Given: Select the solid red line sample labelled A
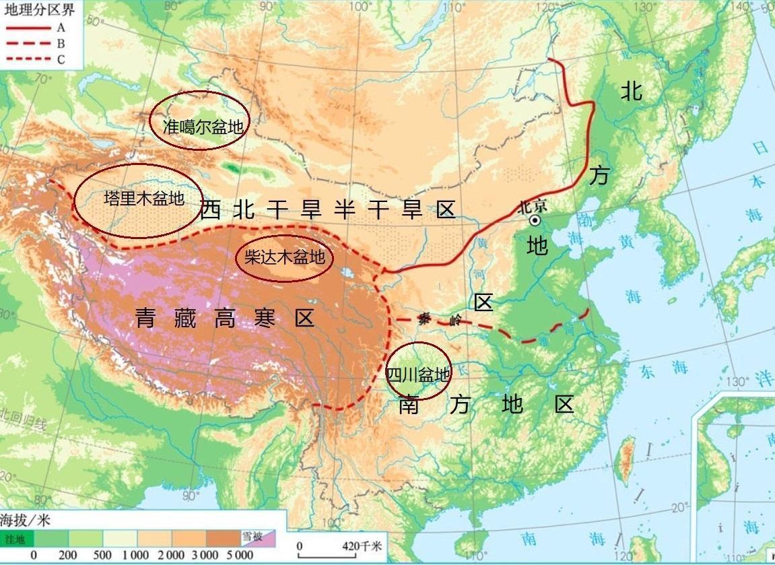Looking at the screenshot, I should point(28,28).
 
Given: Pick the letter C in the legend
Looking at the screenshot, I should point(61,59).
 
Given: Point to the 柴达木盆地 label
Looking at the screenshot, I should point(284,257).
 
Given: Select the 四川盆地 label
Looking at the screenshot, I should point(417,374).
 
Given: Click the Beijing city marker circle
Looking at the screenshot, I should point(535,220).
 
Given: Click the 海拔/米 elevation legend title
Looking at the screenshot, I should point(26,520).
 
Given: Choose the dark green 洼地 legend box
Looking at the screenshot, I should point(16,538).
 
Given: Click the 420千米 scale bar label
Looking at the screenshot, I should point(363,546).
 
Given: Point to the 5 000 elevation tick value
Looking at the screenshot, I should point(240,555).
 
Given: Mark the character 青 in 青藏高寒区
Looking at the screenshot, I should point(146,318).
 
